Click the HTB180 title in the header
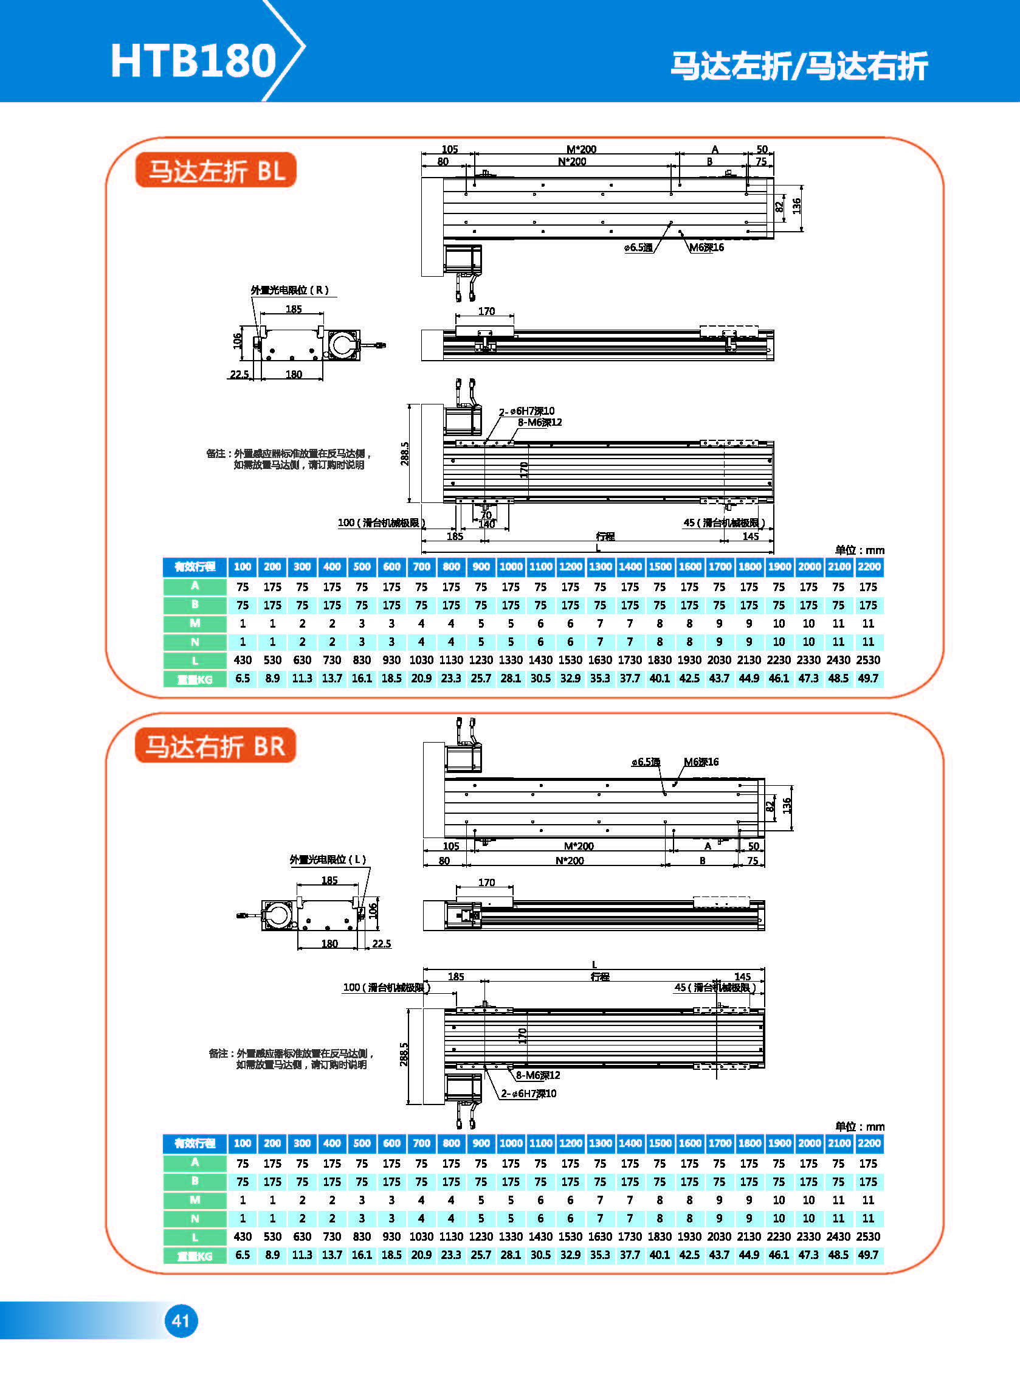(x=193, y=61)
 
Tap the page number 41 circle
(x=181, y=1321)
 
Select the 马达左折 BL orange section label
(x=215, y=170)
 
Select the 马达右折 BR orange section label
(x=215, y=746)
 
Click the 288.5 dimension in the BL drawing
(x=404, y=453)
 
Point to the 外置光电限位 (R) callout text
(x=289, y=290)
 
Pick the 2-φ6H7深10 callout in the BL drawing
(x=526, y=411)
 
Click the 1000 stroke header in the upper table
(x=511, y=567)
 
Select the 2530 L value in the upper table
(x=868, y=661)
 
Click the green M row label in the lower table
(x=195, y=1200)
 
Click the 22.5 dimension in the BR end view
(x=382, y=944)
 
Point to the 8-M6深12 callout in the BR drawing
(x=538, y=1075)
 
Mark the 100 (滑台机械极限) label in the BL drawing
(x=381, y=523)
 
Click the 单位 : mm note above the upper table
(x=860, y=550)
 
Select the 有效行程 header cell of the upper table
(x=195, y=567)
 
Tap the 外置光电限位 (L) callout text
(x=328, y=860)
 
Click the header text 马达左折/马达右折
(x=799, y=66)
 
